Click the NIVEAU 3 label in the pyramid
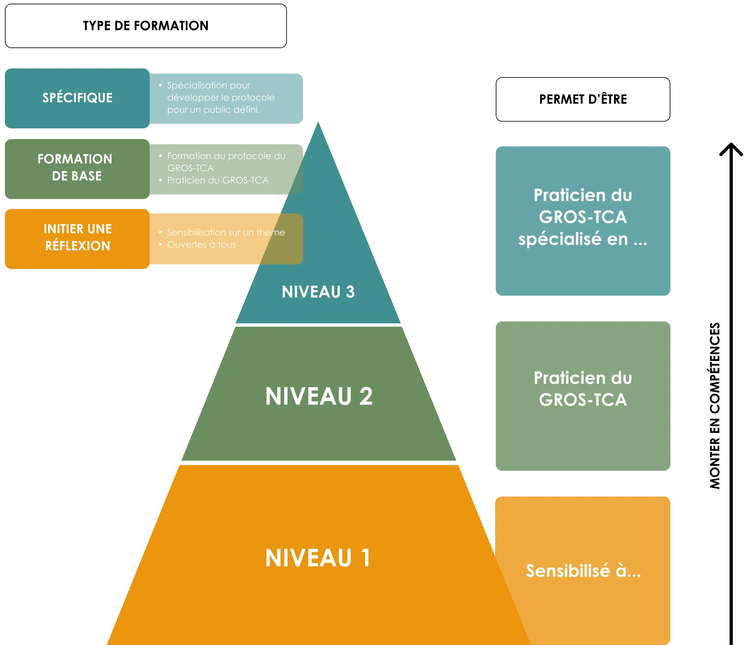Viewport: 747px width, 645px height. [318, 292]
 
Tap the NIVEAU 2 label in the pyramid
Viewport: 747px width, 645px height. [319, 396]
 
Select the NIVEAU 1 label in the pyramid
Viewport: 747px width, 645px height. [318, 558]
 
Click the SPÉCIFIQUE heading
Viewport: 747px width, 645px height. [77, 98]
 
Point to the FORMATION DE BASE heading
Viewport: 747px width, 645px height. [75, 167]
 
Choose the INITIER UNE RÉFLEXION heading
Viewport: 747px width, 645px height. [77, 237]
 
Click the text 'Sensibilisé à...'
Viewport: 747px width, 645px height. [583, 571]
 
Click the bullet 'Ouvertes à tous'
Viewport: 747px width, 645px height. [201, 245]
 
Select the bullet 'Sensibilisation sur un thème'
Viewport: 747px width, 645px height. [226, 232]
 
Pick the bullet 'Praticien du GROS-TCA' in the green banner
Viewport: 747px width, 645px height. [218, 180]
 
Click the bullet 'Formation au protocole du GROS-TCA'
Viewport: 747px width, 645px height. [226, 161]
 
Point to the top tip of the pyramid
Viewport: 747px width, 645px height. [318, 122]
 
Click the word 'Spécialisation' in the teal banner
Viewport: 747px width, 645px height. [192, 85]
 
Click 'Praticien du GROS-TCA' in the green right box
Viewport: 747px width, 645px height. [583, 389]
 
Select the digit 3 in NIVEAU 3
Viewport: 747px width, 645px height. [350, 292]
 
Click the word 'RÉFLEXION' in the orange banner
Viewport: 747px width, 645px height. [77, 246]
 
